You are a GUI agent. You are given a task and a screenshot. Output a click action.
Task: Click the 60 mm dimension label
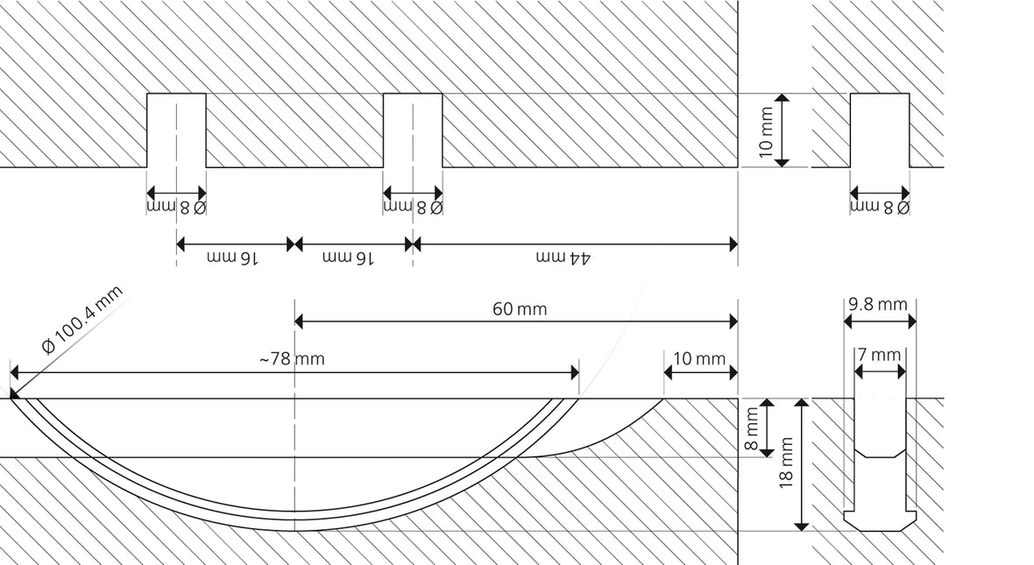[520, 308]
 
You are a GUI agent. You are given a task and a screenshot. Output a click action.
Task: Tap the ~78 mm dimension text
[292, 358]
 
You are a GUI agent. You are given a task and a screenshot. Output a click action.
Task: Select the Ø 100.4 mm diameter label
[81, 319]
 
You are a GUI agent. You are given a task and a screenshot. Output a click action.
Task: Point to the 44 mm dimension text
[563, 258]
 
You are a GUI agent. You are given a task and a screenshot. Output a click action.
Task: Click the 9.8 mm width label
[878, 304]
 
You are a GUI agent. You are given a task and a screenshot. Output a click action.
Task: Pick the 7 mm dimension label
[879, 355]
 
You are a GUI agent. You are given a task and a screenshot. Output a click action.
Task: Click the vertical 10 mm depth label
[765, 132]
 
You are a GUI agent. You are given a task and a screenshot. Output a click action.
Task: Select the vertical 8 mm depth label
[751, 428]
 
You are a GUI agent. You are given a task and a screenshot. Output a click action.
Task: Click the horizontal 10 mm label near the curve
[699, 358]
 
